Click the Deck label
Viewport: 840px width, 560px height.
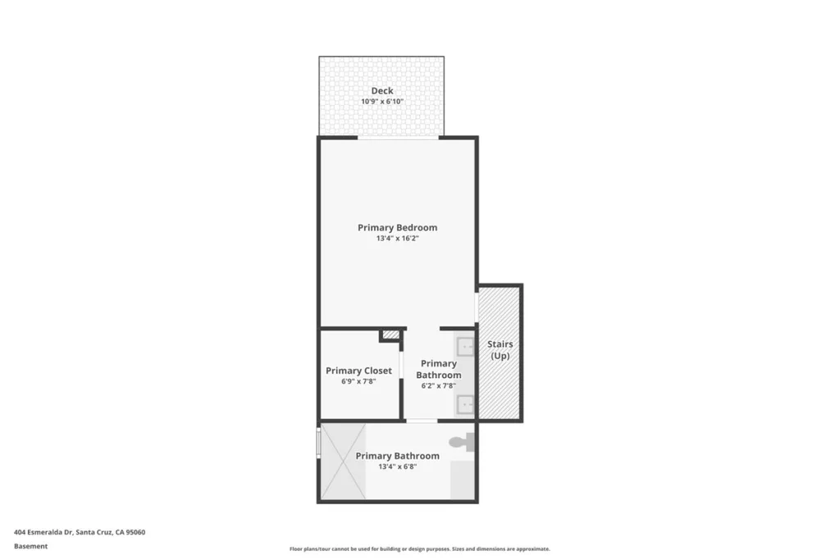tap(382, 91)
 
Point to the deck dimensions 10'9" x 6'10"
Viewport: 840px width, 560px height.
tap(382, 102)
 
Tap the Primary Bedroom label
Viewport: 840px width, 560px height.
tap(398, 228)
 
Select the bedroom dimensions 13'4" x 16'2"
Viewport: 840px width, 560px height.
tap(398, 239)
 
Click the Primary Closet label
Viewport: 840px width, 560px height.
tap(358, 371)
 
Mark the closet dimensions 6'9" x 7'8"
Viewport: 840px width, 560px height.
tap(358, 381)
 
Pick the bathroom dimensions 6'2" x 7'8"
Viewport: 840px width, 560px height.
tap(438, 385)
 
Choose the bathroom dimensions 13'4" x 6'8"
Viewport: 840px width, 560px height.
tap(398, 467)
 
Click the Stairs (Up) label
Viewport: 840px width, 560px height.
tap(500, 349)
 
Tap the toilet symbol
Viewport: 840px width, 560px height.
tap(462, 442)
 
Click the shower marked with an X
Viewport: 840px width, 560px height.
tap(344, 462)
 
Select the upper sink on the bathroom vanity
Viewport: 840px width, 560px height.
tap(465, 347)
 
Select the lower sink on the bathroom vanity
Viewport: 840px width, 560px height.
tap(465, 405)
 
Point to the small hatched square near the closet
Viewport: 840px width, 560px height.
tap(391, 335)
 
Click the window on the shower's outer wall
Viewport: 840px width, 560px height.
tap(319, 442)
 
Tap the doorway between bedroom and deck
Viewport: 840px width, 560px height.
tap(398, 138)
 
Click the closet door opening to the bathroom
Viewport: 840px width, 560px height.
tap(401, 365)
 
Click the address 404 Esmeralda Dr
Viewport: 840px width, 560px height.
tap(43, 532)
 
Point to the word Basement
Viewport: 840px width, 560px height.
tap(30, 546)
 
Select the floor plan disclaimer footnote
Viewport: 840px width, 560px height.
tap(419, 549)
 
